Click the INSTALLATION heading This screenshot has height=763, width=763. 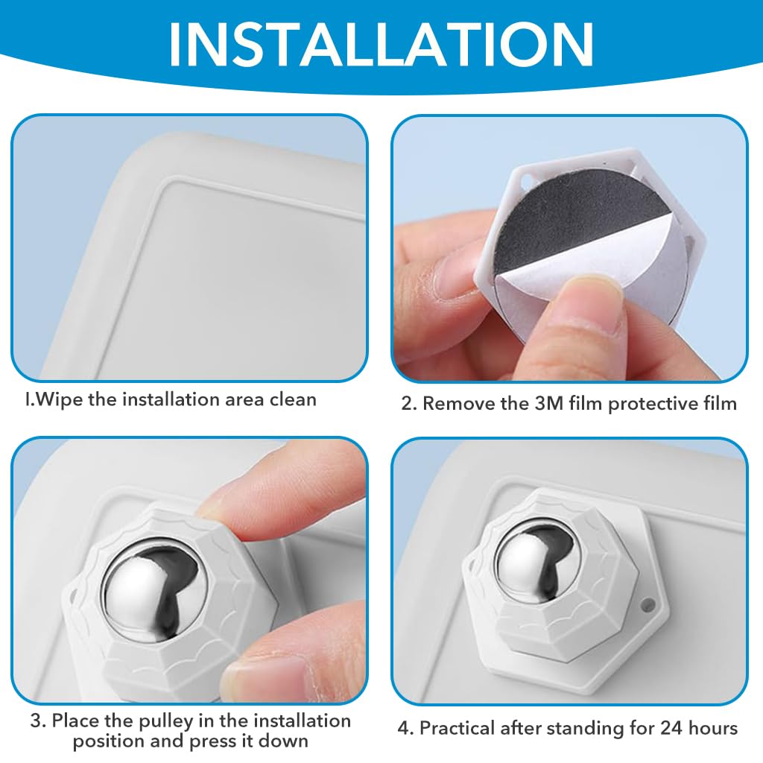[381, 43]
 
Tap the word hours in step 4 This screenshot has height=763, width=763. [714, 728]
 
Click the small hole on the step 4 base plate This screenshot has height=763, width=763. [648, 605]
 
